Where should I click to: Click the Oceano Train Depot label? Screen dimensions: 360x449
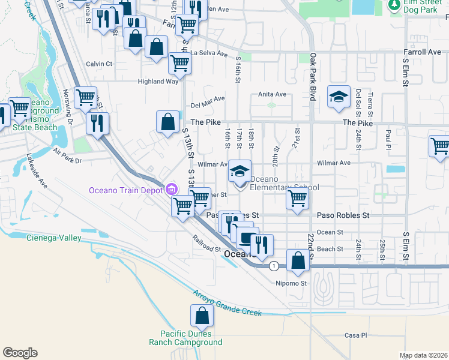pos(126,190)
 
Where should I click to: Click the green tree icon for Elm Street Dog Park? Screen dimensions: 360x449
pos(394,5)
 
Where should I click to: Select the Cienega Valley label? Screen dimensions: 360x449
pos(54,238)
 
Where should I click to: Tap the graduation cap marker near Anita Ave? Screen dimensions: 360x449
pos(339,97)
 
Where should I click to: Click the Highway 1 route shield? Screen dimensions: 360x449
pos(274,265)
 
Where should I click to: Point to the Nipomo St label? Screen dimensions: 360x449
pos(291,283)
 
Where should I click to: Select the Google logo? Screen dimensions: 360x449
pos(20,353)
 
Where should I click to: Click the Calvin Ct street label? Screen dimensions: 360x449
pos(99,64)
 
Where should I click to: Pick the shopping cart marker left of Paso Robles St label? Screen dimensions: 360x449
pos(182,206)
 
